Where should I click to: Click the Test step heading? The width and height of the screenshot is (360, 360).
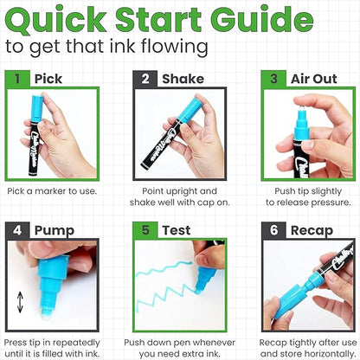point(176,231)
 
